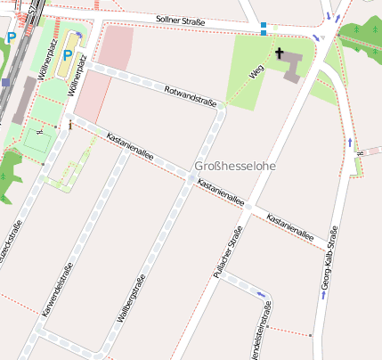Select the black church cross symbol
280,53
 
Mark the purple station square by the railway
5,82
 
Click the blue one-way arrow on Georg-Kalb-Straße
350,142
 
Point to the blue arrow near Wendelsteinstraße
261,294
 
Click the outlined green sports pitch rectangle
37,141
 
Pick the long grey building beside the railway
22,100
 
